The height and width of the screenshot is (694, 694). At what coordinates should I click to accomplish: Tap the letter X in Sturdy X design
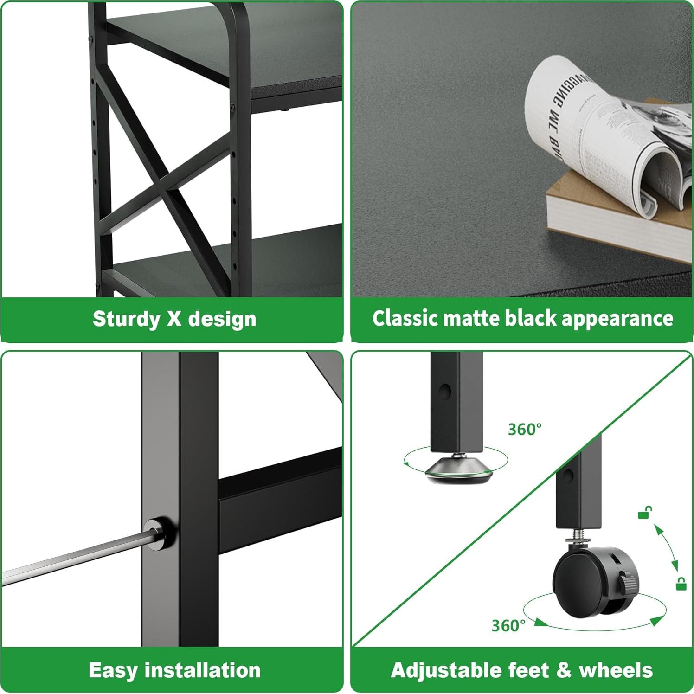[174, 319]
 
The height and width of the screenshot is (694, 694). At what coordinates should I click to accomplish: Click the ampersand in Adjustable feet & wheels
[563, 670]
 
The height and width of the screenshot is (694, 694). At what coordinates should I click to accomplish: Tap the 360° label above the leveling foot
[525, 430]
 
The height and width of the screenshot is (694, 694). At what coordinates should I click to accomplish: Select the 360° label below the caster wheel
[508, 626]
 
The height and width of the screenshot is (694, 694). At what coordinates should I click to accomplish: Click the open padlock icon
[645, 512]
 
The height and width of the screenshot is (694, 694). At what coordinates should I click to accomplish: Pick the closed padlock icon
[681, 584]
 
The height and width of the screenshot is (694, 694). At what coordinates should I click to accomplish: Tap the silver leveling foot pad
[458, 469]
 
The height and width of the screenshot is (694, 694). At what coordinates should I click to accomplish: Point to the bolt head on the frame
[156, 532]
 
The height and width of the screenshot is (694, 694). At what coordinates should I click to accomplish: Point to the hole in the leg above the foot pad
[445, 391]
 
